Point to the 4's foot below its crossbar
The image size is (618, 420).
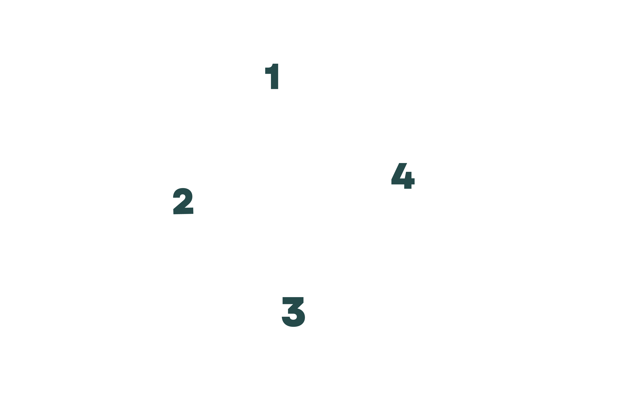[x=408, y=187]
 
